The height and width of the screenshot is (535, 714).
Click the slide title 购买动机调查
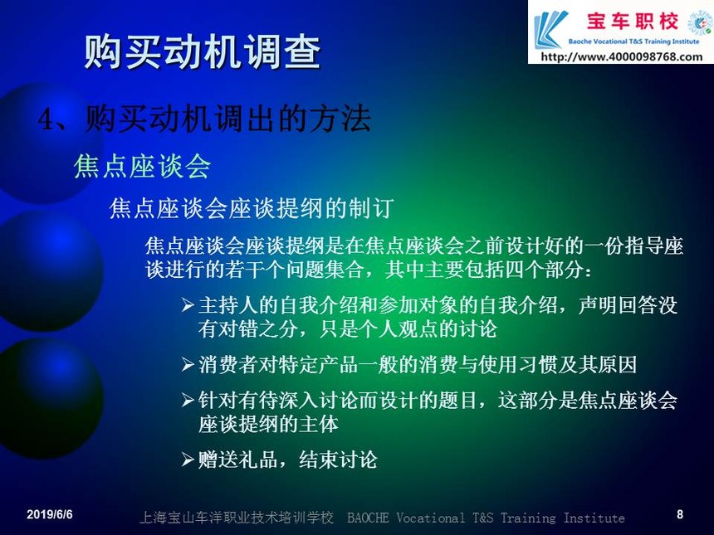click(203, 51)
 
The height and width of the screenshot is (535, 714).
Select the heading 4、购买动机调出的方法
click(204, 119)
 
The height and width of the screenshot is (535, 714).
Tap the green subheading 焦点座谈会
click(142, 166)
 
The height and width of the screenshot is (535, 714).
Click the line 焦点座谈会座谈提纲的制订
click(252, 208)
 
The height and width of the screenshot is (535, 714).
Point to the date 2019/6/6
click(50, 514)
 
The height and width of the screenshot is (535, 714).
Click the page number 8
click(680, 514)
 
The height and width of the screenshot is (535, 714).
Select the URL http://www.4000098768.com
click(622, 56)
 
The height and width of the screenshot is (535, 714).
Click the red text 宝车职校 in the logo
click(632, 22)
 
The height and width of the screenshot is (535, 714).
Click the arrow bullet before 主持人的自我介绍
click(188, 304)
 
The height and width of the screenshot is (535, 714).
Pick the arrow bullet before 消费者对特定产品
click(188, 364)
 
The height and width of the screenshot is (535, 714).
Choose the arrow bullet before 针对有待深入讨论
click(188, 400)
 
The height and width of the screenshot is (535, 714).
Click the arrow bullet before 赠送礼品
click(188, 460)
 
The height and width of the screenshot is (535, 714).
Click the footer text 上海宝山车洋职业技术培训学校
click(237, 518)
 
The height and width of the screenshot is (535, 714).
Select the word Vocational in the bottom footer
click(431, 518)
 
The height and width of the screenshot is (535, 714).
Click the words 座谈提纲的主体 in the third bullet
click(268, 424)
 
